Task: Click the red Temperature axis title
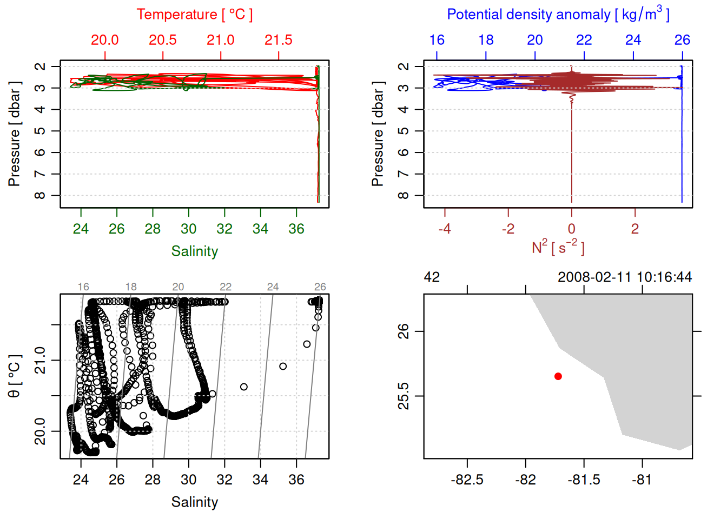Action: coord(194,15)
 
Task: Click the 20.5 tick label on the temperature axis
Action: coord(163,40)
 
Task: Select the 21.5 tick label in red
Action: coord(279,40)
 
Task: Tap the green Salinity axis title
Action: coord(194,251)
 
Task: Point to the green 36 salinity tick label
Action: coord(296,229)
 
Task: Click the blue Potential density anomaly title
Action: coord(558,15)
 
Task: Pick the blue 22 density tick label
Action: coord(584,40)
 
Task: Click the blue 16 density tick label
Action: coord(437,40)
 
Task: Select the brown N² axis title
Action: coord(558,248)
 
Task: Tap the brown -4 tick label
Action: coord(445,229)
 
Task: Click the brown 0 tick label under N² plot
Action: coord(572,229)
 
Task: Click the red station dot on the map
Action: coord(558,376)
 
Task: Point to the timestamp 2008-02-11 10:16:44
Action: coord(625,277)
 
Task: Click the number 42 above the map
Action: coord(432,277)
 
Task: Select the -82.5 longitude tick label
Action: coord(467,480)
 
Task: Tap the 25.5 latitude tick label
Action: coord(404,396)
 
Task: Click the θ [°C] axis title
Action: coord(15,376)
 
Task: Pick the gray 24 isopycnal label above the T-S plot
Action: coord(273,287)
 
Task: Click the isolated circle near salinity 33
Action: coord(244,387)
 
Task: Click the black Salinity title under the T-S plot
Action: coord(194,502)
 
